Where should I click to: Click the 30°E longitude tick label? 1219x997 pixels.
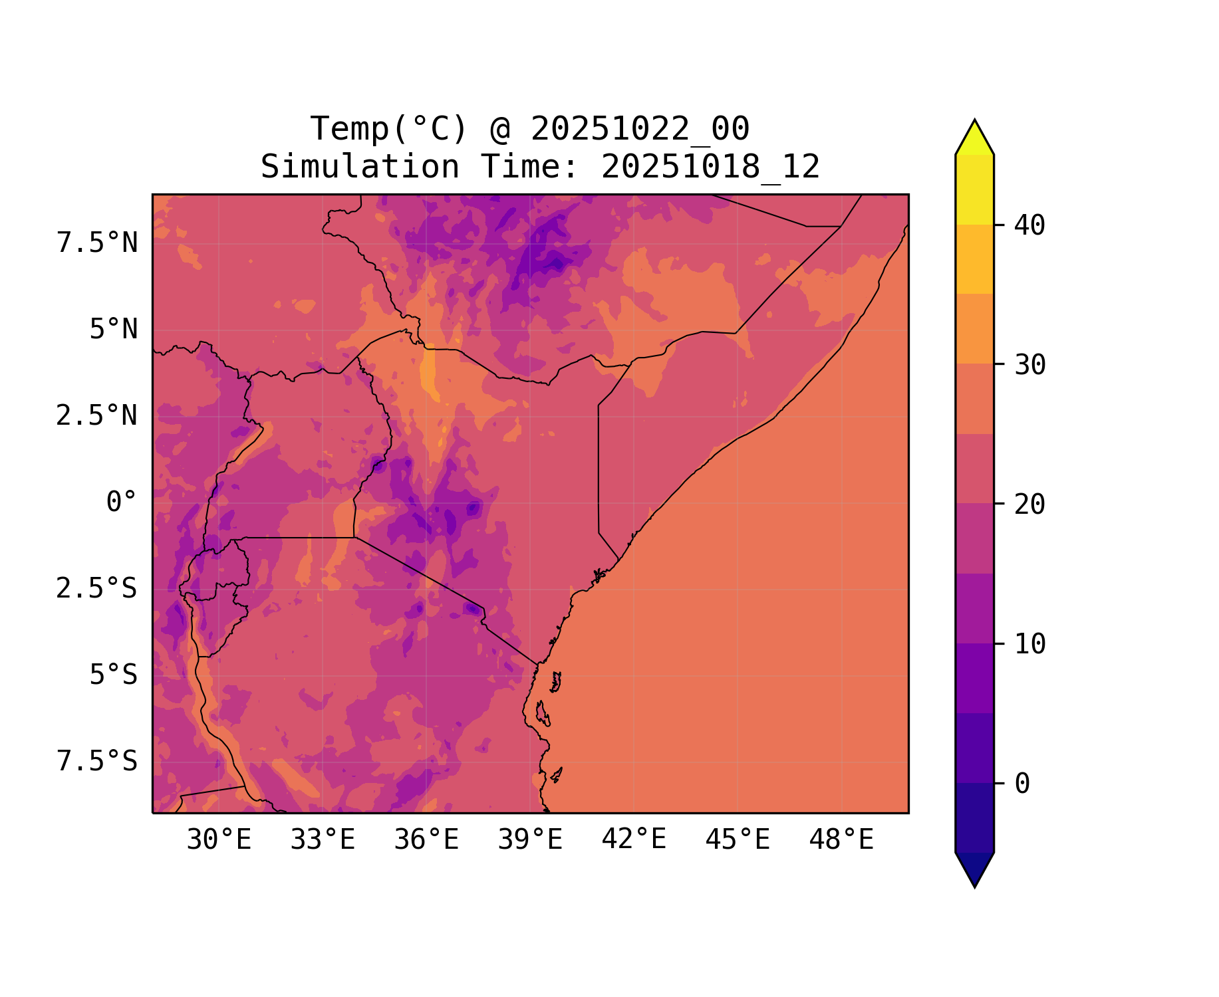(x=219, y=840)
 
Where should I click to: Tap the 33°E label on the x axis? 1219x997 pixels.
(x=323, y=840)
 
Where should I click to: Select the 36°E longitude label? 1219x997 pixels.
(x=426, y=840)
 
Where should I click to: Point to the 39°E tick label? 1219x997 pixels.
(x=530, y=840)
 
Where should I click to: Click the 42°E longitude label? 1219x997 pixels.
(x=634, y=840)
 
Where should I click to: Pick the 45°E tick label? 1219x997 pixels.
(x=738, y=840)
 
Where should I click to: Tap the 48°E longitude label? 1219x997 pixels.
(x=841, y=840)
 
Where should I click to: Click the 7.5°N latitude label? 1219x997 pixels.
(x=97, y=243)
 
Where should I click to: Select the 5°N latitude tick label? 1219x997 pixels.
(x=114, y=330)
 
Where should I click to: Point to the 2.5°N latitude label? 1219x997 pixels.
(x=97, y=416)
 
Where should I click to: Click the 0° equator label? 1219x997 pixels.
(x=122, y=502)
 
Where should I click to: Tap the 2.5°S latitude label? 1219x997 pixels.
(x=97, y=589)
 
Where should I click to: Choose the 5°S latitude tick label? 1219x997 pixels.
(x=114, y=675)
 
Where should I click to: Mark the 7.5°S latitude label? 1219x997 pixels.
(x=97, y=762)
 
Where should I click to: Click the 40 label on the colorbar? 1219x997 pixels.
(x=1029, y=225)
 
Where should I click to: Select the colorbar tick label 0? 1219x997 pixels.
(x=1022, y=784)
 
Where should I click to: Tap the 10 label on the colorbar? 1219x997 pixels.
(x=1029, y=644)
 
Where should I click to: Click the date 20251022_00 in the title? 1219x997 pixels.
(x=640, y=129)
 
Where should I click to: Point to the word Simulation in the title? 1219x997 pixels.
(x=360, y=167)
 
